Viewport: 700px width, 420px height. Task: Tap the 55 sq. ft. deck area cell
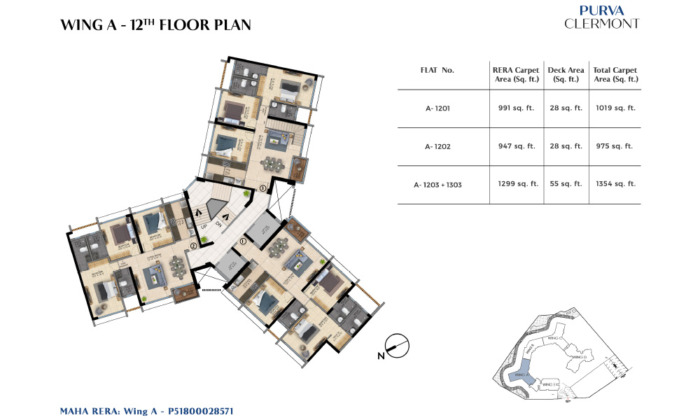tap(565, 184)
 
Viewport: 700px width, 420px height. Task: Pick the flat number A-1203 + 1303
tap(437, 184)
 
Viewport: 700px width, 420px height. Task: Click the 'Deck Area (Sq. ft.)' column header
tap(565, 75)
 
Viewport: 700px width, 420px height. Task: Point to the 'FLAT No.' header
tap(437, 71)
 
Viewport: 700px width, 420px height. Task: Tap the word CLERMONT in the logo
tap(601, 24)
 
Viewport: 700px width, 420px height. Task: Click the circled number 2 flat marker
tap(192, 246)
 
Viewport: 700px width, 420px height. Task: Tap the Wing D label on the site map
tap(579, 357)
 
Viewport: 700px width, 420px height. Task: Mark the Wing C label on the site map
tap(555, 337)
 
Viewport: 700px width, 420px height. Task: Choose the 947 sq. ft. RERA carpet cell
tap(516, 146)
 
